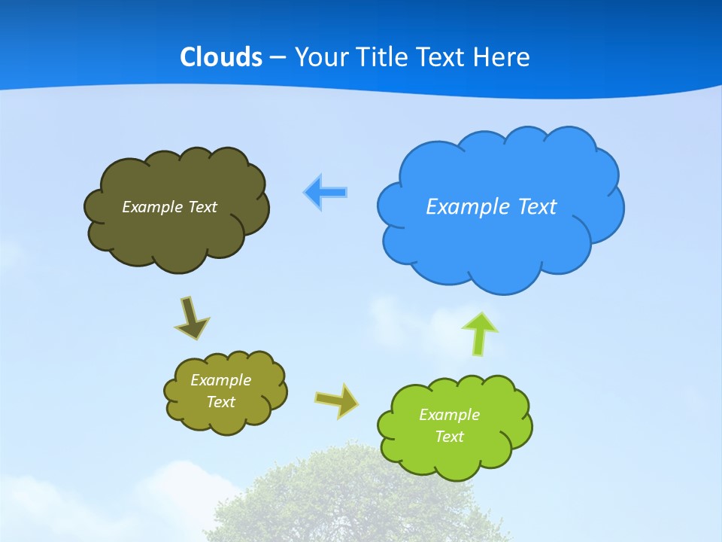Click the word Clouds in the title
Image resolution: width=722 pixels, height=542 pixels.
221,57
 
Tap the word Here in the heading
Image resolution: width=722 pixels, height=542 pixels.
502,57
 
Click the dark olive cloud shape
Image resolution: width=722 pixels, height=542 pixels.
177,237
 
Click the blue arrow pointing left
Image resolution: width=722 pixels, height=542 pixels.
325,192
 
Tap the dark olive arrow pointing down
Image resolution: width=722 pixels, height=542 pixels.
191,317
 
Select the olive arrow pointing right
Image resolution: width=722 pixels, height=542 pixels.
336,400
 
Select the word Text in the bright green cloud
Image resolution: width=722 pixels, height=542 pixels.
449,437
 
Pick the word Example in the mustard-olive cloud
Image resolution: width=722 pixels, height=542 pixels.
220,380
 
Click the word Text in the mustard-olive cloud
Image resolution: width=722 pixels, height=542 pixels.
220,402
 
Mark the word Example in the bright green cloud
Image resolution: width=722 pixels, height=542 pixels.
449,415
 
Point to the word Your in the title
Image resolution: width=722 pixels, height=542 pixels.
319,57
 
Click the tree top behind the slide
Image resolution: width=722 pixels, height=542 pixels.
353,497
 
